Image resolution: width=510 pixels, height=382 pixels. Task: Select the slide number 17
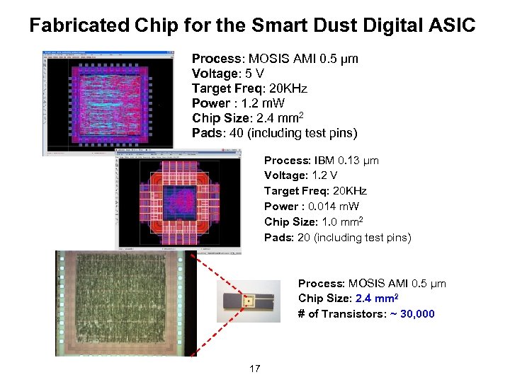[255, 369]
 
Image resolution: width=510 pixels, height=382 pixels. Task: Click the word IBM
[328, 161]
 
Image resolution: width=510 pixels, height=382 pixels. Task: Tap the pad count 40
[230, 133]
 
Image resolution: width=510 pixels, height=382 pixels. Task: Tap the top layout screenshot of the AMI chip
[108, 103]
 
